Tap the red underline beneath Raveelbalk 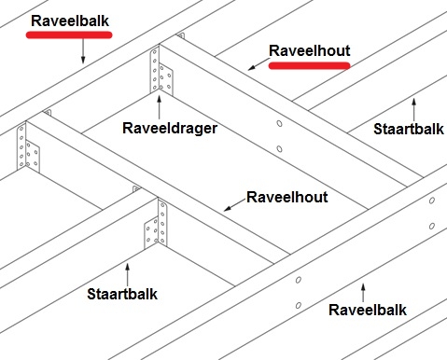coord(69,34)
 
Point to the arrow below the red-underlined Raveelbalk coord(83,50)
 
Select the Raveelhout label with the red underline coord(309,49)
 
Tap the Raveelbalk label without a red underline coord(367,309)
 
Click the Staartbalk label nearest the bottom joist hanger coord(122,294)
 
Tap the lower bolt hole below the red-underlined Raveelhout coord(280,147)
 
